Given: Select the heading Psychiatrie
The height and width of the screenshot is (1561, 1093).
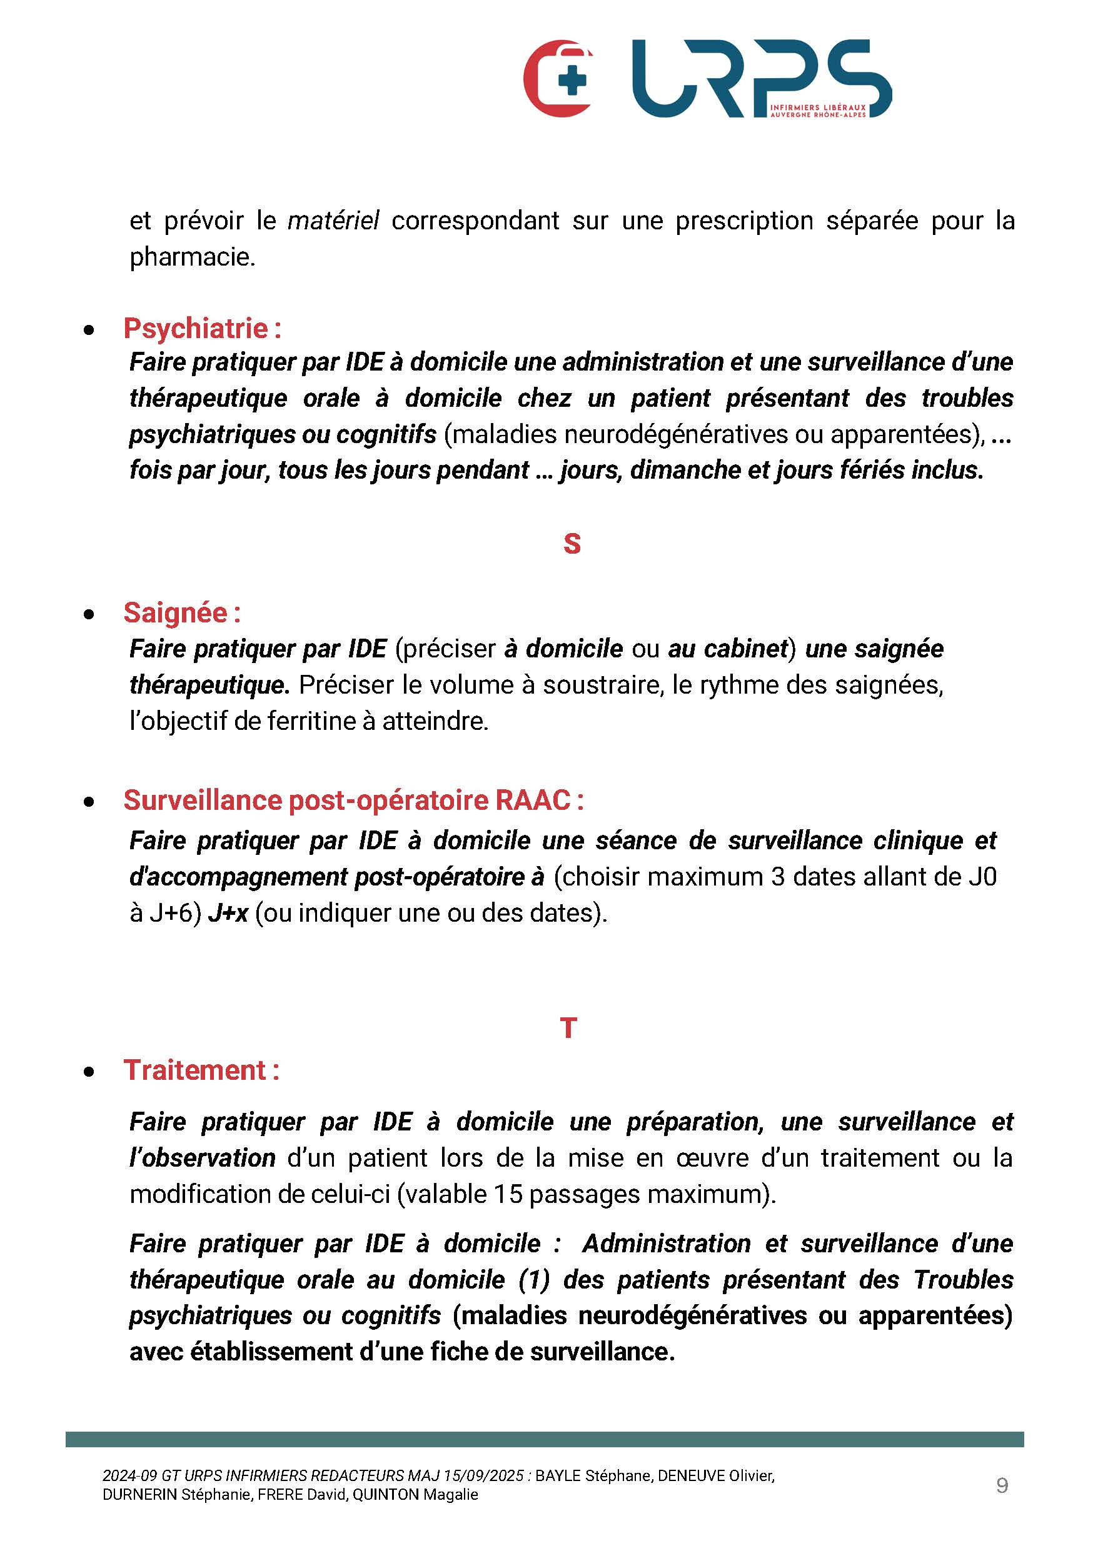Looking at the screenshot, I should click(x=196, y=329).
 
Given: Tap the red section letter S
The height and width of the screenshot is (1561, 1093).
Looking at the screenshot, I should click(x=572, y=544).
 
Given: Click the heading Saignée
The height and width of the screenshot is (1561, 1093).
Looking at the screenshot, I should click(x=176, y=613).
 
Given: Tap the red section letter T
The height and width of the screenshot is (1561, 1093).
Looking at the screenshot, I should click(x=568, y=1028).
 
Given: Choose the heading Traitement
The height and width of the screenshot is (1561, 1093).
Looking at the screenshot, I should click(x=195, y=1070).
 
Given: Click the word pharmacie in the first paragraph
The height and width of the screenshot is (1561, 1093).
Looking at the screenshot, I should click(x=191, y=257).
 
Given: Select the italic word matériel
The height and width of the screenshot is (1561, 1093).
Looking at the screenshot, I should click(x=333, y=221).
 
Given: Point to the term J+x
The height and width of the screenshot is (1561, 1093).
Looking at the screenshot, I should click(x=228, y=912).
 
